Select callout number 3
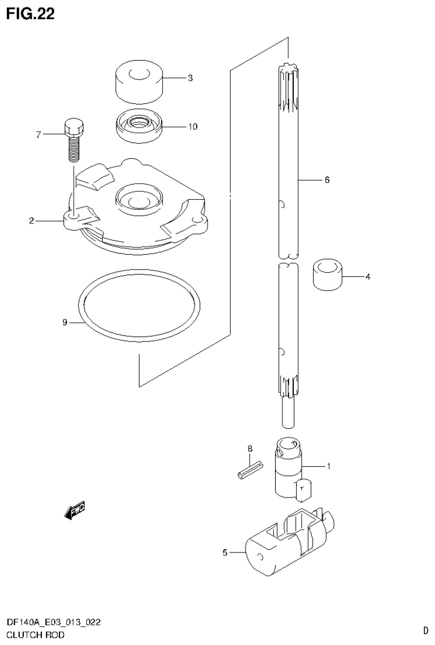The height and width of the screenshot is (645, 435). tap(190, 78)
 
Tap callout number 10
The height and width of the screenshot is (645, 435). tap(193, 127)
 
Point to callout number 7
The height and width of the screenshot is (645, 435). tap(39, 134)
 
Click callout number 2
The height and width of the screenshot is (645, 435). tap(32, 221)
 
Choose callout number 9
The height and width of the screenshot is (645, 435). tap(65, 323)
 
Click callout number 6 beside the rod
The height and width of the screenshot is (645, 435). tap(327, 180)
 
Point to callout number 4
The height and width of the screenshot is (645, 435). tap(368, 277)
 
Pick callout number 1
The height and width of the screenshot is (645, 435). tap(328, 466)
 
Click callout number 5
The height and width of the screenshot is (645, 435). tap(225, 552)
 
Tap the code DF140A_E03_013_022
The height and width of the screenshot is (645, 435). tap(53, 623)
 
